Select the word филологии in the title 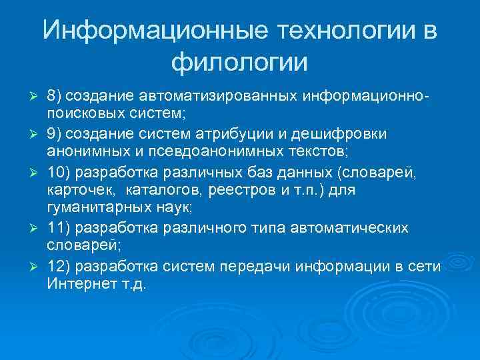pyautogui.click(x=240, y=63)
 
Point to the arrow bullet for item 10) pyautogui.click(x=37, y=173)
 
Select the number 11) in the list pyautogui.click(x=60, y=229)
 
